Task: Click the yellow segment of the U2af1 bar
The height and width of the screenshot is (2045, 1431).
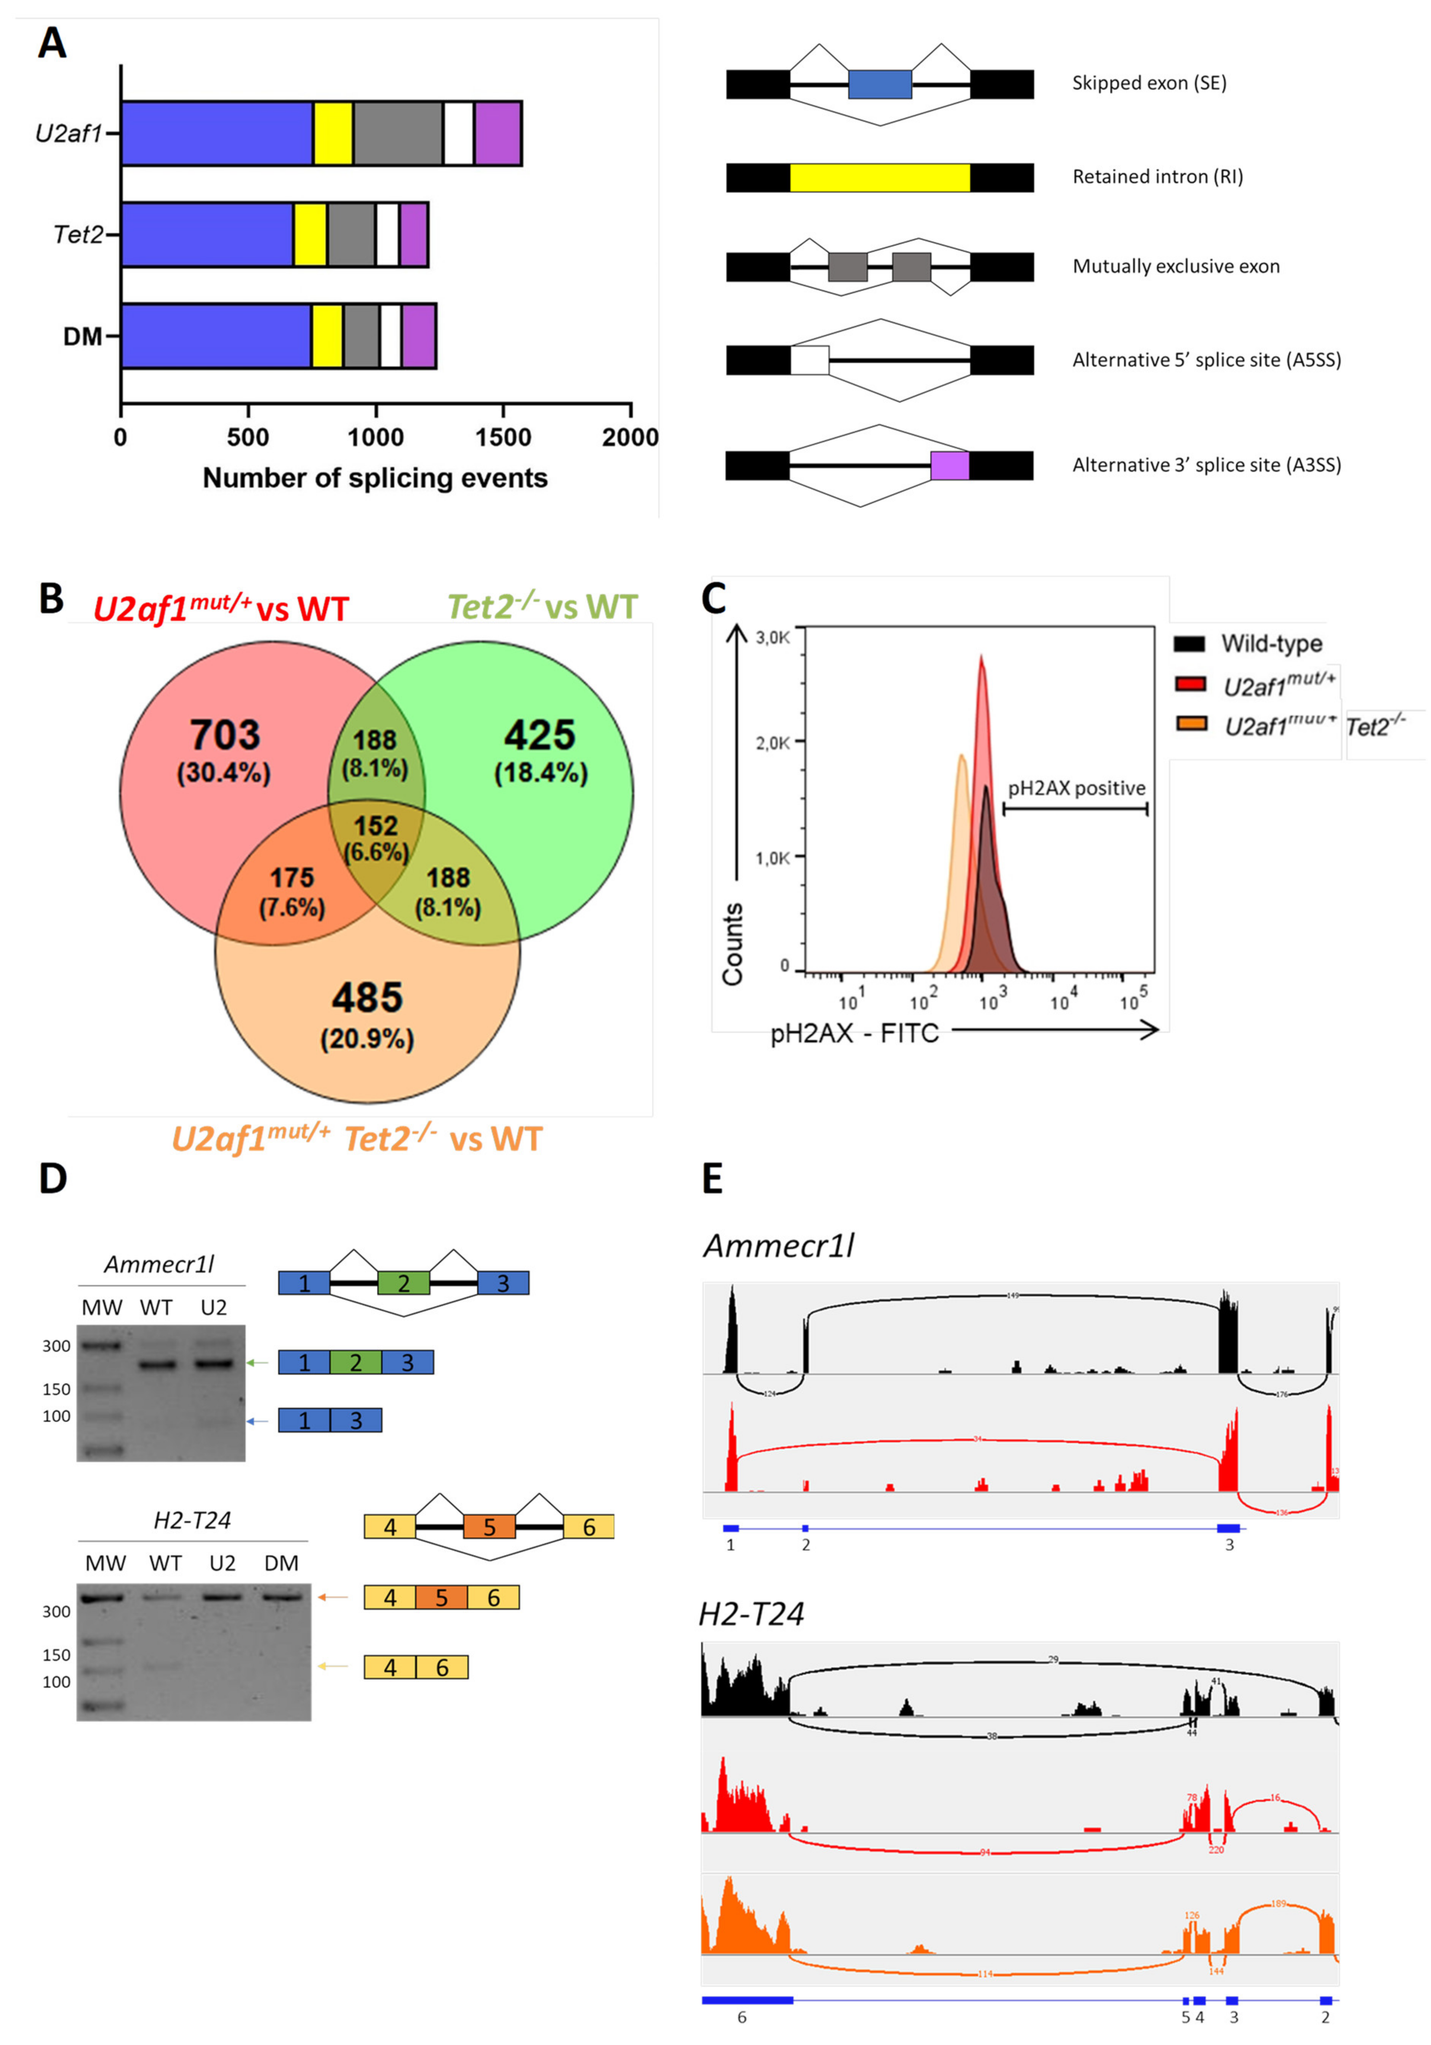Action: pyautogui.click(x=333, y=134)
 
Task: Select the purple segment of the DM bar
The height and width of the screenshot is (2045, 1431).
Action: pyautogui.click(x=419, y=336)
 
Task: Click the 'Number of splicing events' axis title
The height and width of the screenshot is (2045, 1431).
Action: pyautogui.click(x=375, y=478)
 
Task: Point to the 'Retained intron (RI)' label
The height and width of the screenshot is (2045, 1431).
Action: pyautogui.click(x=1157, y=176)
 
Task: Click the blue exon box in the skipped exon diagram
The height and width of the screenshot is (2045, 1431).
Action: pyautogui.click(x=880, y=84)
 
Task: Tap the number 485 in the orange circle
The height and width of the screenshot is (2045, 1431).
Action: pyautogui.click(x=367, y=998)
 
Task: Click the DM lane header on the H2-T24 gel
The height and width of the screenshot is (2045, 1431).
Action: pyautogui.click(x=282, y=1563)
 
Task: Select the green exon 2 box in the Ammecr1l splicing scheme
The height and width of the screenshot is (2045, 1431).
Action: pyautogui.click(x=403, y=1283)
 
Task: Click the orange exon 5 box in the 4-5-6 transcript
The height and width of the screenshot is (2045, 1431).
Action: pyautogui.click(x=441, y=1597)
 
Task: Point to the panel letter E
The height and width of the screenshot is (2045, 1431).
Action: pyautogui.click(x=712, y=1178)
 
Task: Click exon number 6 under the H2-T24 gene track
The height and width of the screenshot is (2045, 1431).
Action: pyautogui.click(x=742, y=2018)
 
